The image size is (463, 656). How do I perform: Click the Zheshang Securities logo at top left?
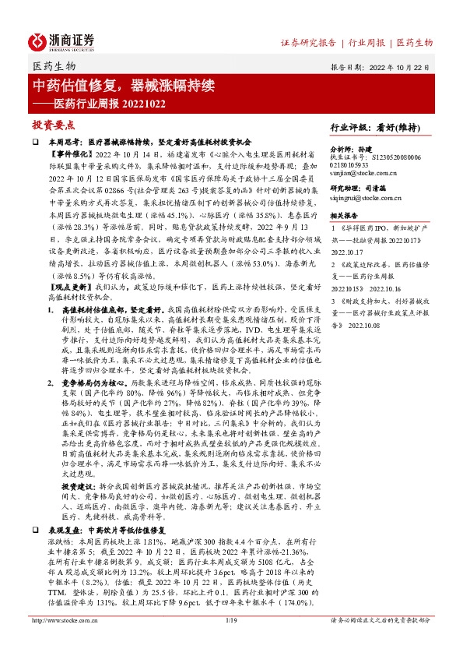coord(62,41)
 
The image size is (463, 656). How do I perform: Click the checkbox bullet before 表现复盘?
coord(36,527)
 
